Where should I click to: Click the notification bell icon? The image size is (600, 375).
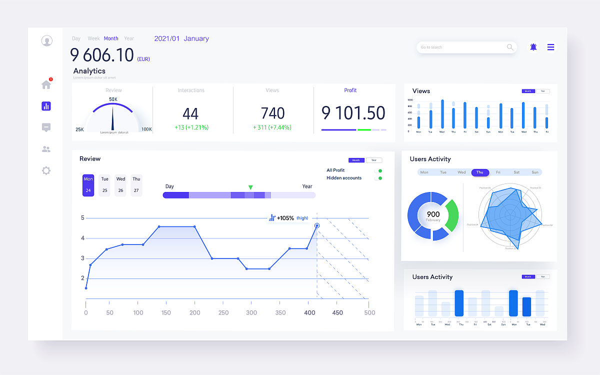click(533, 47)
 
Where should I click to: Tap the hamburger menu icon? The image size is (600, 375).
click(550, 47)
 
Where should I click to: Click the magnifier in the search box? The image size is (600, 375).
click(510, 47)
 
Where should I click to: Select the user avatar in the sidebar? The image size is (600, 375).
click(47, 41)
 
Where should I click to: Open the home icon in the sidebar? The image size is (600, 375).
click(46, 84)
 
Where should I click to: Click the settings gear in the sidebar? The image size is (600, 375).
click(46, 170)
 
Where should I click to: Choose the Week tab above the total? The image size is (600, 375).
click(93, 38)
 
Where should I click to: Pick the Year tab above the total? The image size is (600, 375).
click(129, 38)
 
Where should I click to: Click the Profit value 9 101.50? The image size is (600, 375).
click(353, 113)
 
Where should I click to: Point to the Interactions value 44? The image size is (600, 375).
click(190, 113)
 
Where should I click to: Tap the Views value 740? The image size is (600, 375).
click(272, 113)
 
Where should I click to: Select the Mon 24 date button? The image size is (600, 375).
click(88, 185)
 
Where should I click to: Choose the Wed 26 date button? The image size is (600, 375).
click(120, 185)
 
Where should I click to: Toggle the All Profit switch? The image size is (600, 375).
click(378, 170)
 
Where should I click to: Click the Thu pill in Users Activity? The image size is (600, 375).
click(480, 172)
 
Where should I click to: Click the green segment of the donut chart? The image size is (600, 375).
click(452, 215)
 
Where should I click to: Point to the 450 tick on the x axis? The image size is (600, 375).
click(338, 312)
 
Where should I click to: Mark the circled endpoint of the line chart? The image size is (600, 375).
click(317, 226)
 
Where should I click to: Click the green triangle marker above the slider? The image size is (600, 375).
click(250, 187)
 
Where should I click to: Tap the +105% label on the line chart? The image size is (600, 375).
click(285, 218)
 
